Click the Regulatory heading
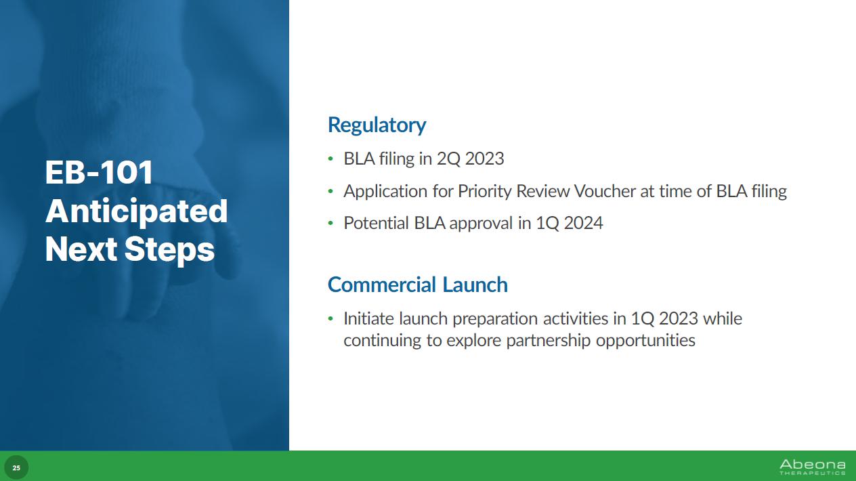(x=377, y=125)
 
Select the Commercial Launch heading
(x=418, y=285)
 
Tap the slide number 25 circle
(x=16, y=467)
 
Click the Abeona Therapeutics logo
(x=812, y=467)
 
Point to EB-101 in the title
(x=99, y=172)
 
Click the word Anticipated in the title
(x=136, y=211)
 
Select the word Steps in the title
(x=169, y=250)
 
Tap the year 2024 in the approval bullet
(x=583, y=223)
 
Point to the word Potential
(x=376, y=223)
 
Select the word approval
(x=481, y=224)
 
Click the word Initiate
(x=368, y=318)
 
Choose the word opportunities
(x=645, y=341)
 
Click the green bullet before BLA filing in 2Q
(x=330, y=159)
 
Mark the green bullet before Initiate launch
(x=330, y=318)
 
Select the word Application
(x=385, y=192)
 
